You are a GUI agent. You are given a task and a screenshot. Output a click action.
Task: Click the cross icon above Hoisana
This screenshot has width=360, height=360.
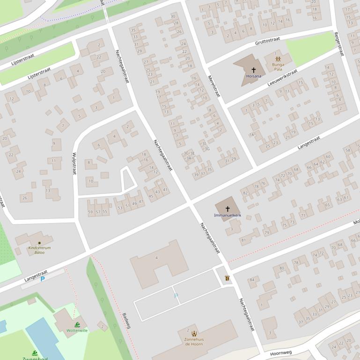point(253,70)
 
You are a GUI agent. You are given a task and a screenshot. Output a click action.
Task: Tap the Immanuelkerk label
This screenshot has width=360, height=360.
point(228,216)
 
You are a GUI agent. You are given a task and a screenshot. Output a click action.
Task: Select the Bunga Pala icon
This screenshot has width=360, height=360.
point(278,59)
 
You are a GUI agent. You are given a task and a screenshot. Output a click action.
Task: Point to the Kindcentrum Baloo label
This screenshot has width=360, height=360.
point(39,250)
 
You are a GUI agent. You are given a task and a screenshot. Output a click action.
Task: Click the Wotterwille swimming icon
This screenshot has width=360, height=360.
point(77,324)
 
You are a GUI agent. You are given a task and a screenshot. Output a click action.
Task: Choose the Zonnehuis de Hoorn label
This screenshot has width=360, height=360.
point(194,341)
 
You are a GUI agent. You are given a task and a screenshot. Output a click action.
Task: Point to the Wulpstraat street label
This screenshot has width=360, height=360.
point(74,163)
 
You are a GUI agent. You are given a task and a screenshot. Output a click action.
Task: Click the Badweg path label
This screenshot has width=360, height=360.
point(126,320)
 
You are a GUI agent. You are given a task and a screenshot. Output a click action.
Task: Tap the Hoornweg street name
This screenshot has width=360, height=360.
point(281,353)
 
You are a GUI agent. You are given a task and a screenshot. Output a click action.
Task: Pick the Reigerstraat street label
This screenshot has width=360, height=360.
point(339,44)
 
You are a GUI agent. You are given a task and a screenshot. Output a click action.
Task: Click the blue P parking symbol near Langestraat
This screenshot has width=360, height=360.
point(43,279)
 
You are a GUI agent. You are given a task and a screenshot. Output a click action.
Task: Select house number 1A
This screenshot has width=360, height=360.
point(252,135)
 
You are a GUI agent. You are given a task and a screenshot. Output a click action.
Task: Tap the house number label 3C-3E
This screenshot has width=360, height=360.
point(189,153)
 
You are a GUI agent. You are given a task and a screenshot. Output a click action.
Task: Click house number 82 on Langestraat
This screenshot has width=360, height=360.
point(245,193)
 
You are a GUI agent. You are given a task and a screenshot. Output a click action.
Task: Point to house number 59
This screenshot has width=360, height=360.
point(90,212)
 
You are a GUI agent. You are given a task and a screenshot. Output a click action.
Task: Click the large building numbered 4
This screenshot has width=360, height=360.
point(156,258)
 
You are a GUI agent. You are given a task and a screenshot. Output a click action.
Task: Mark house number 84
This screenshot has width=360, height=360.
point(252,280)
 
